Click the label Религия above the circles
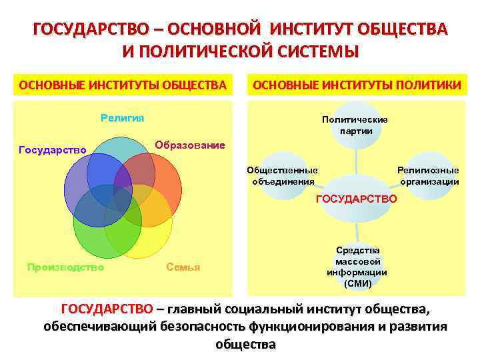point(123,118)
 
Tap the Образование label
point(190,145)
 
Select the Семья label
point(183,267)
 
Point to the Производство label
point(65,267)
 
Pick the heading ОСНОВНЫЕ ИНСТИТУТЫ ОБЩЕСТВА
point(123,85)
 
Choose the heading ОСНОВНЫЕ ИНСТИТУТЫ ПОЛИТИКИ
point(355,85)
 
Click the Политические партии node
point(355,125)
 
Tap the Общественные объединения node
point(282,175)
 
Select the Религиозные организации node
point(429,175)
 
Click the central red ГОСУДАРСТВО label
point(356,199)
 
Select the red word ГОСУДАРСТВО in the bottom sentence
point(107,309)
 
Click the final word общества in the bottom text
point(245,345)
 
